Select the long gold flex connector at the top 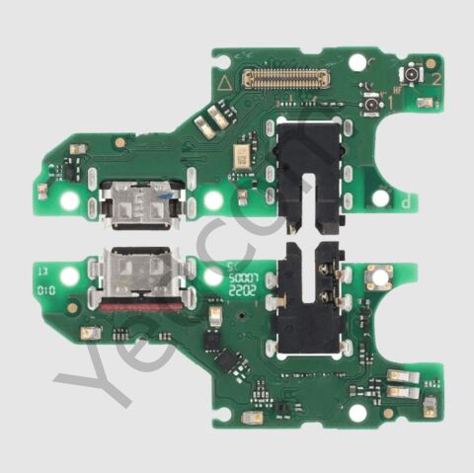pos(286,78)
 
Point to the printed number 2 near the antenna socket pos(430,63)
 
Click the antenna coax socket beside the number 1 pos(370,103)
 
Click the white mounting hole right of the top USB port pos(211,200)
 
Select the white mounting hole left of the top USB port pos(69,201)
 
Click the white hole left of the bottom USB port pos(69,277)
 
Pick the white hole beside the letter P pos(380,197)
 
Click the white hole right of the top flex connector pos(357,62)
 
